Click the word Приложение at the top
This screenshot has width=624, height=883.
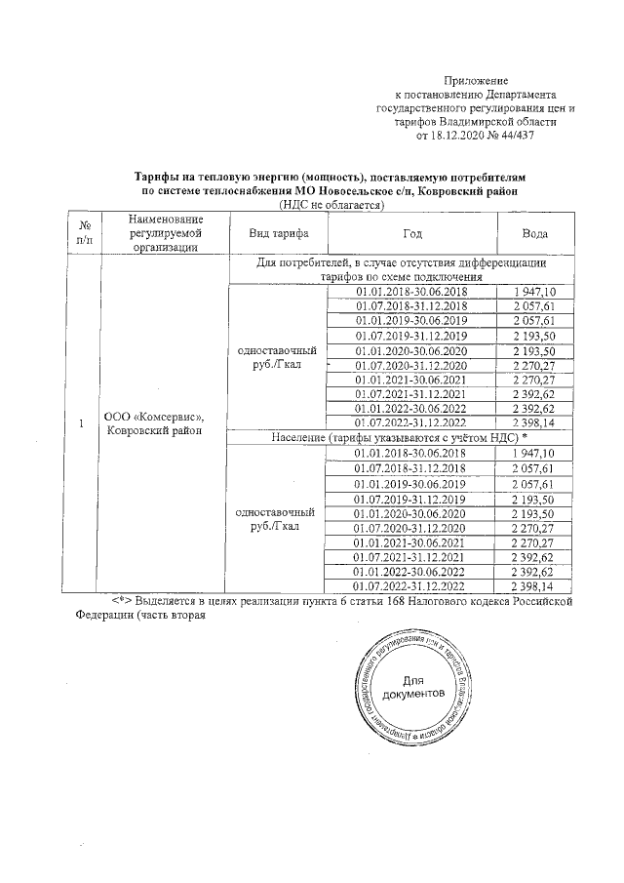[x=476, y=79]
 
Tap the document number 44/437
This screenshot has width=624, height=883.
[x=517, y=137]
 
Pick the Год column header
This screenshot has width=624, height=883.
[x=411, y=234]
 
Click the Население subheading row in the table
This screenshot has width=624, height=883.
[x=400, y=438]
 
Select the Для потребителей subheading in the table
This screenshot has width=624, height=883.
[x=400, y=269]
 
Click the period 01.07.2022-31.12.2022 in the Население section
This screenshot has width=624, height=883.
[x=411, y=586]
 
